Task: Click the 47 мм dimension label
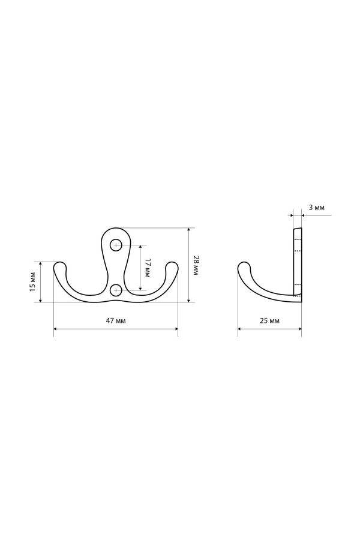point(116,320)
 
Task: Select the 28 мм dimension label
point(196,265)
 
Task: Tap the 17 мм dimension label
point(147,268)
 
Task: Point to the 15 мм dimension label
point(33,282)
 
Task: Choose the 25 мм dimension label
point(270,320)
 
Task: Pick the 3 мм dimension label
point(316,208)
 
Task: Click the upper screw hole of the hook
point(116,245)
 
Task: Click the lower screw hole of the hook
point(116,290)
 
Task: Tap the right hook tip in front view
point(172,266)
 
